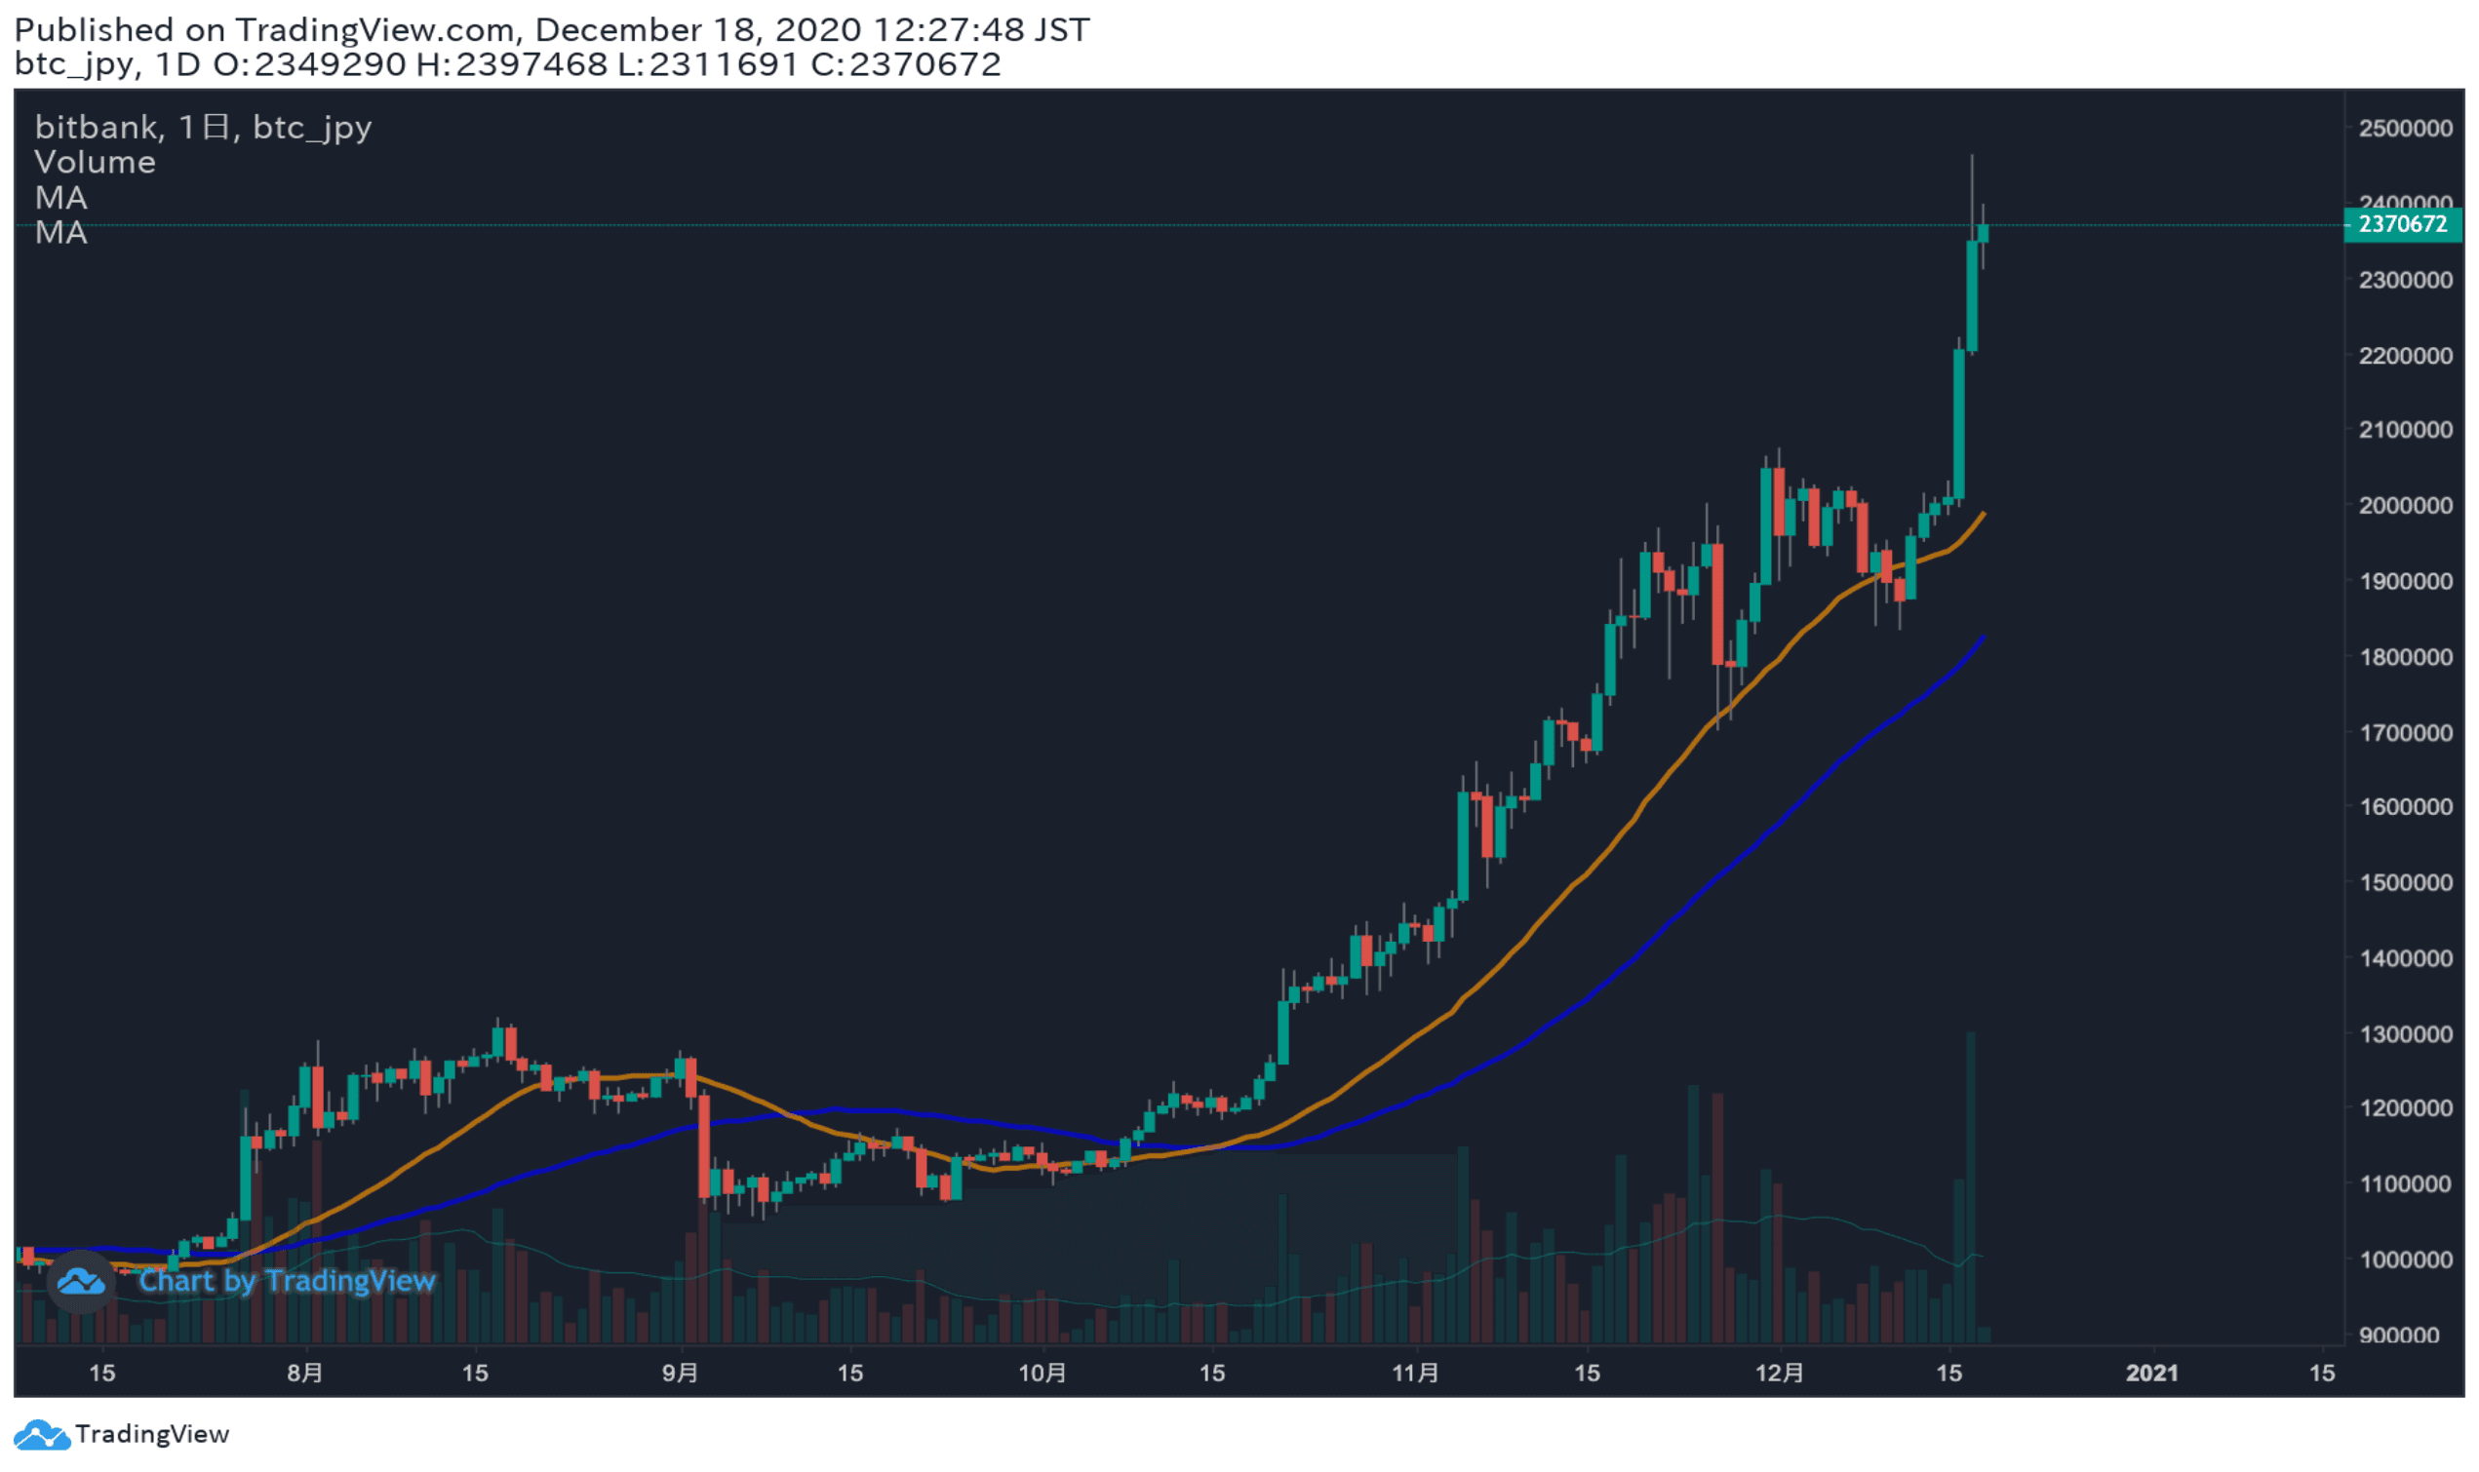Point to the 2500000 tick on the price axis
pyautogui.click(x=2405, y=128)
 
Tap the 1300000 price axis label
pyautogui.click(x=2405, y=1034)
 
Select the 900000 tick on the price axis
pyautogui.click(x=2405, y=1336)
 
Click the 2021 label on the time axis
pyautogui.click(x=2150, y=1374)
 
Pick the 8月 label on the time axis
pyautogui.click(x=304, y=1374)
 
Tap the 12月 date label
pyautogui.click(x=1780, y=1374)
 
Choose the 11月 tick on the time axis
pyautogui.click(x=1416, y=1374)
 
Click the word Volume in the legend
pyautogui.click(x=95, y=163)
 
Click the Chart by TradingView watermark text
pyautogui.click(x=287, y=1282)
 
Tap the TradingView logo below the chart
pyautogui.click(x=121, y=1434)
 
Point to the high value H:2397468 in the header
pyautogui.click(x=511, y=64)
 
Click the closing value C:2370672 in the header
pyautogui.click(x=905, y=64)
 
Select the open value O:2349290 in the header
pyautogui.click(x=309, y=64)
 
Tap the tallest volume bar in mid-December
pyautogui.click(x=1970, y=1190)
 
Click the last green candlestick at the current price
pyautogui.click(x=1982, y=234)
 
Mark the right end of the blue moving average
pyautogui.click(x=1983, y=638)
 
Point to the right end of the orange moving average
pyautogui.click(x=1983, y=514)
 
